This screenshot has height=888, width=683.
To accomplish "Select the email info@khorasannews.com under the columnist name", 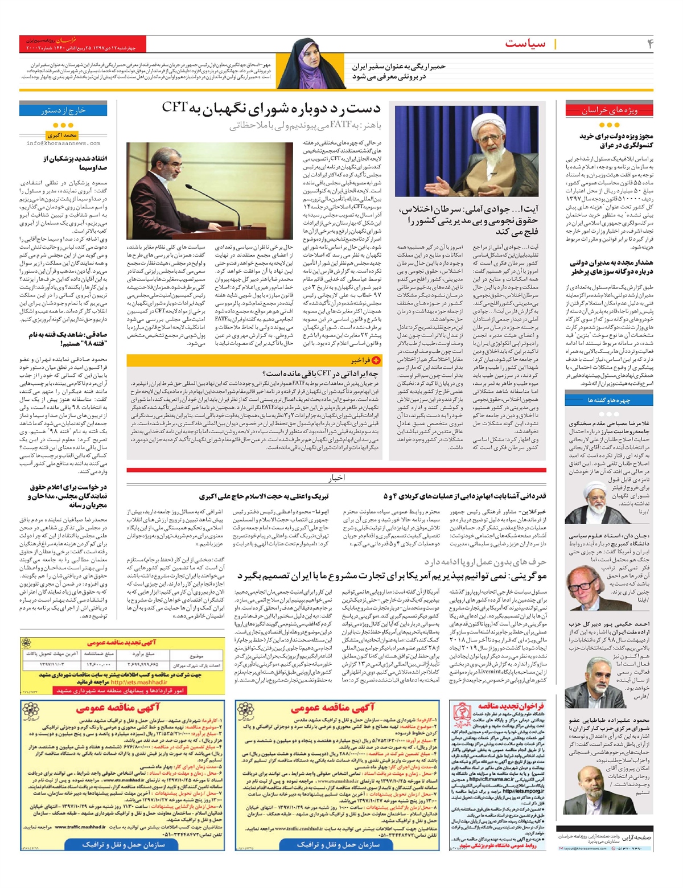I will click(x=63, y=143).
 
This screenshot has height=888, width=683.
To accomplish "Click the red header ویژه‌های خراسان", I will click(x=609, y=110).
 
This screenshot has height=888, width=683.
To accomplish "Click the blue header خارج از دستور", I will click(x=63, y=110).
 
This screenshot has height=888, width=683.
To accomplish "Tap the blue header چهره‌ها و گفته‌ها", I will click(x=609, y=400).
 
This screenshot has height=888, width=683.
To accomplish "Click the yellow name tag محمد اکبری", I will click(x=63, y=135).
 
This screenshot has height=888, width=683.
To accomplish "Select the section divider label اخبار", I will click(x=336, y=478).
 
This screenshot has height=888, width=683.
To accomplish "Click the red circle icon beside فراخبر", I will click(x=376, y=360).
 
